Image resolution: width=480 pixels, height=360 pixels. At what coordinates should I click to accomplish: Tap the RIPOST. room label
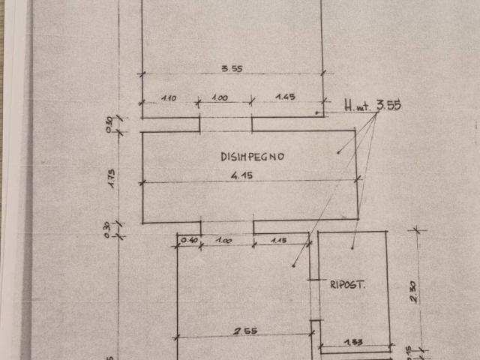[346, 284]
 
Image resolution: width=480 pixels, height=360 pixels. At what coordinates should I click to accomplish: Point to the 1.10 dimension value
[168, 97]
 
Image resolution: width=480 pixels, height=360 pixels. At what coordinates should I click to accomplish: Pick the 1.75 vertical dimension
[111, 178]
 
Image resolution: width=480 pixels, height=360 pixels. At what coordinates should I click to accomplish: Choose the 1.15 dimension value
[279, 239]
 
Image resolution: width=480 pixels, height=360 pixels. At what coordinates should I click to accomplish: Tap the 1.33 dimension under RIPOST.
[353, 342]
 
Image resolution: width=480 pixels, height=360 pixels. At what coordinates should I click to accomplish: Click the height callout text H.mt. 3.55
[373, 106]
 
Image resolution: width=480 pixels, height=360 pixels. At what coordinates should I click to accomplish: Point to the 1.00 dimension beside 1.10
[223, 97]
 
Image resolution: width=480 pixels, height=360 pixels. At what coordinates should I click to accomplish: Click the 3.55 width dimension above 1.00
[232, 69]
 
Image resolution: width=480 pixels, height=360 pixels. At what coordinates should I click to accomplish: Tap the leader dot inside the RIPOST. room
[352, 247]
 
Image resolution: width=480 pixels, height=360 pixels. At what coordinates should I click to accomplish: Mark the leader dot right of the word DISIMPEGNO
[338, 153]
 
